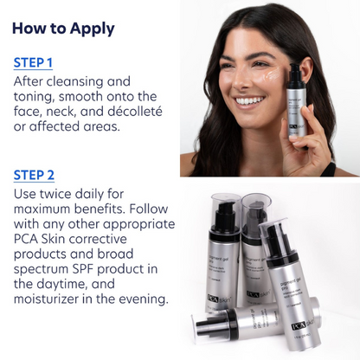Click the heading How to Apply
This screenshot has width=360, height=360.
(x=63, y=28)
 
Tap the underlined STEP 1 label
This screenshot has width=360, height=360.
(x=33, y=62)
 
